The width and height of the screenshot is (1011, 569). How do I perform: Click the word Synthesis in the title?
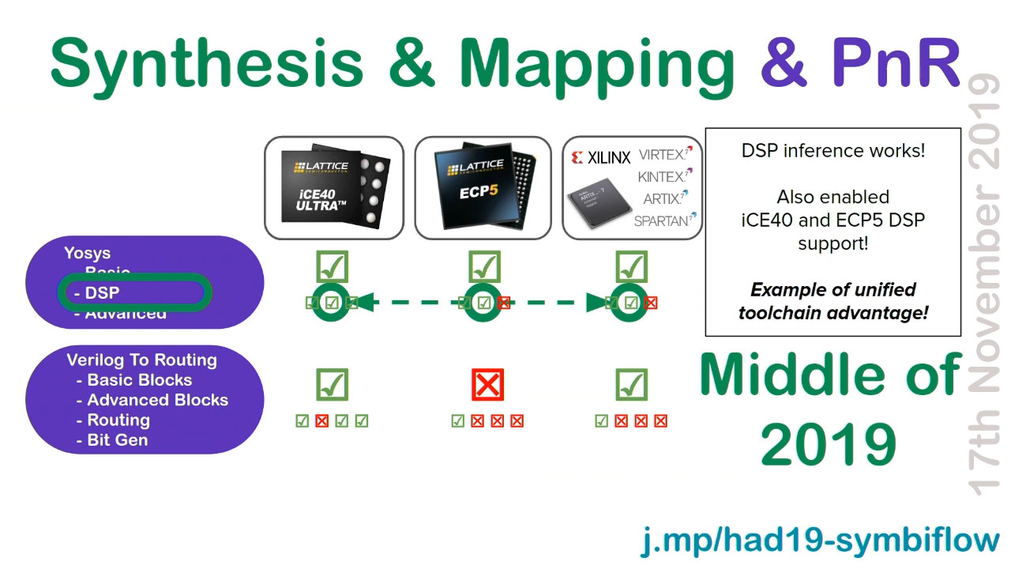click(206, 63)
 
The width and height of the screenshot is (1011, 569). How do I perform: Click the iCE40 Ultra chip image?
click(333, 188)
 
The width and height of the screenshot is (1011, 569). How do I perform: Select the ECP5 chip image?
click(483, 188)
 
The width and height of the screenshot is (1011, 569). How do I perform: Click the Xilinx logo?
click(600, 158)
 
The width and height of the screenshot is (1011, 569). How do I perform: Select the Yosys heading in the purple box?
click(87, 254)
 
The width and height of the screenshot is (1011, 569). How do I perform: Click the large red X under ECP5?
click(487, 385)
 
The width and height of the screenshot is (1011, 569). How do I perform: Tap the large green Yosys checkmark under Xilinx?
click(630, 267)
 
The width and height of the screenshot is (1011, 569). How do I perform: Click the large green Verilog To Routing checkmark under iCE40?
click(332, 385)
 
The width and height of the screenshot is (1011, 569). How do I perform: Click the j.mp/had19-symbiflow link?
click(820, 541)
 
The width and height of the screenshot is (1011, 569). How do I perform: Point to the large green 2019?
click(829, 444)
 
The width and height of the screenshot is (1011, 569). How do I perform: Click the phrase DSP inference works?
click(832, 151)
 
